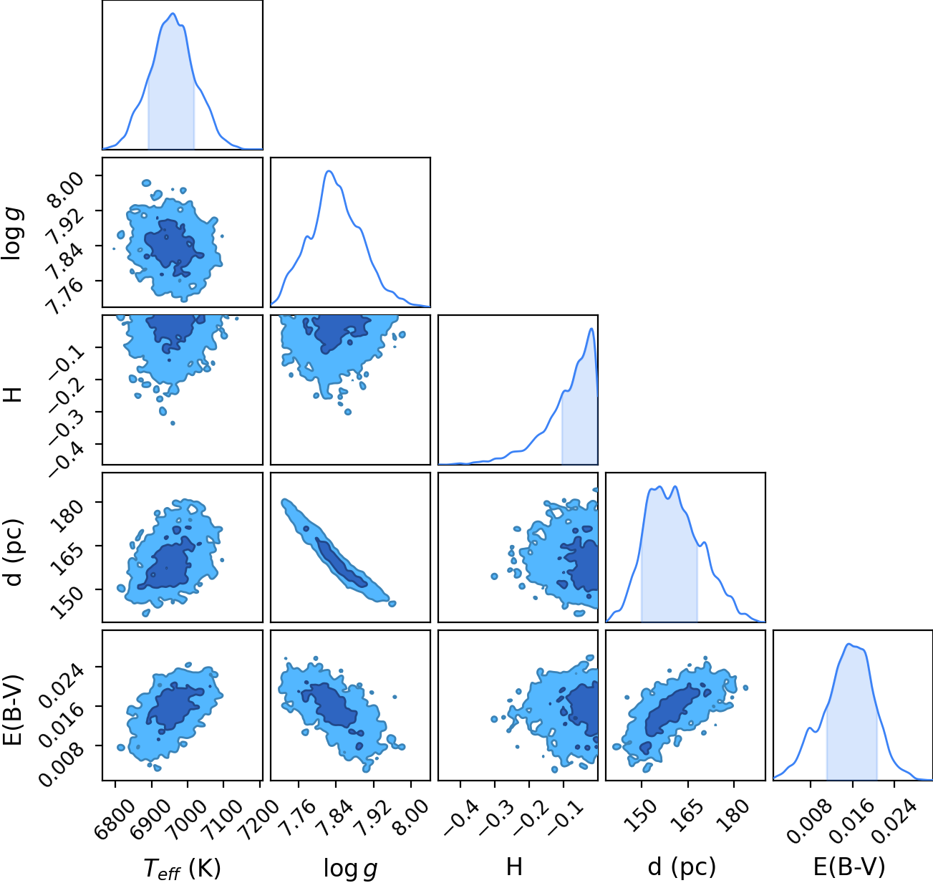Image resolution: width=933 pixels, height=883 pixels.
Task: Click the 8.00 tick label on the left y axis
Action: pos(66,188)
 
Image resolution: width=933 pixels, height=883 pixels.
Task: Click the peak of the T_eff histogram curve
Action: pos(173,14)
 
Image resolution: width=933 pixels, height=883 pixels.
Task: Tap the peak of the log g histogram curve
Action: pos(329,171)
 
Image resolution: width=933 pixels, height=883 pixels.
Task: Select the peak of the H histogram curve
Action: pos(591,329)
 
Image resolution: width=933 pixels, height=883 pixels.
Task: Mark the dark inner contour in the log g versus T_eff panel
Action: pos(172,248)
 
